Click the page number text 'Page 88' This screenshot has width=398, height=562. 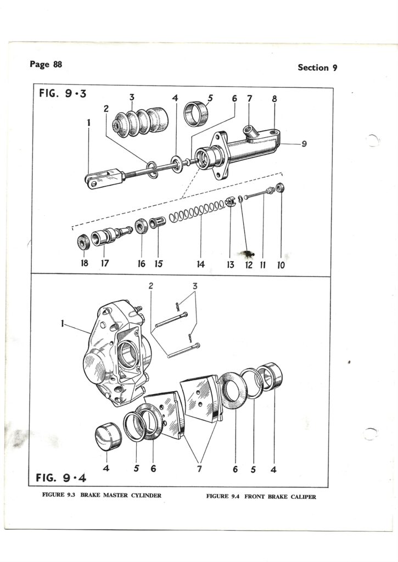tap(46, 65)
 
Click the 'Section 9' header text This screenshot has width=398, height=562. tap(317, 68)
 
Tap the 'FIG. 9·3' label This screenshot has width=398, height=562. tap(63, 94)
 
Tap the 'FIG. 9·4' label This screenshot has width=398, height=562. tap(61, 478)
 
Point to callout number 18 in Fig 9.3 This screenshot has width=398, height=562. tap(84, 263)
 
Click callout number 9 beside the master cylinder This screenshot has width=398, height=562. tap(304, 144)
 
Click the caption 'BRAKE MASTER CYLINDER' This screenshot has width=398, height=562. tap(121, 496)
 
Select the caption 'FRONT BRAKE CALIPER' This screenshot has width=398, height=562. tap(280, 497)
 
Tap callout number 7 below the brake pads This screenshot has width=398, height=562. tap(199, 469)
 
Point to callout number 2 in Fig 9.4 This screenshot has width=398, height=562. tap(150, 285)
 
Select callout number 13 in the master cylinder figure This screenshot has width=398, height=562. tap(230, 265)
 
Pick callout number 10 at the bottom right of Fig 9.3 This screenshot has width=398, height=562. tap(281, 265)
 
